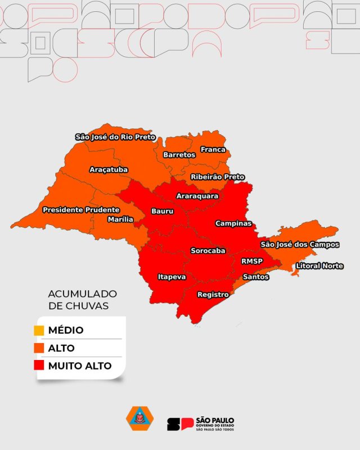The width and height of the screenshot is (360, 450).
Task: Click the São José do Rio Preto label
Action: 115,137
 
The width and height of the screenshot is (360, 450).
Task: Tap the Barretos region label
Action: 179,155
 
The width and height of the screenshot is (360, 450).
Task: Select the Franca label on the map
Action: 213,150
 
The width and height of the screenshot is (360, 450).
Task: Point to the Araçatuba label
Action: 109,169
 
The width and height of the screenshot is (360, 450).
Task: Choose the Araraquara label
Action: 197,196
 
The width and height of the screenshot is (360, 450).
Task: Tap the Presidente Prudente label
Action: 81,210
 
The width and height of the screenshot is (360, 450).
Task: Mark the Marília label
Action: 120,219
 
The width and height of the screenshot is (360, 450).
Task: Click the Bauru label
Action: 163,211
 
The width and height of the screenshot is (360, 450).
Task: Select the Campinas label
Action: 233,223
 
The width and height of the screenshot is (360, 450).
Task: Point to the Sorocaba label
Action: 208,250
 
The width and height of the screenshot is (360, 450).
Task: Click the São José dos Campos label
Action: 299,245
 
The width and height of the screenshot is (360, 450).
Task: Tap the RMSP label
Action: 252,261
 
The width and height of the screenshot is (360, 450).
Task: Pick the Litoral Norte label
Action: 319,265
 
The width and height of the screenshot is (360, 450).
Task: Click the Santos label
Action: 255,277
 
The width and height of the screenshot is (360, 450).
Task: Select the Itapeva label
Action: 172,277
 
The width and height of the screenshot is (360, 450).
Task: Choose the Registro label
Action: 213,294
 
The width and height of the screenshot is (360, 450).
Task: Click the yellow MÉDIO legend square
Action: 39,330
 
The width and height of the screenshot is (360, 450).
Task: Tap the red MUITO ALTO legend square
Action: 39,366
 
